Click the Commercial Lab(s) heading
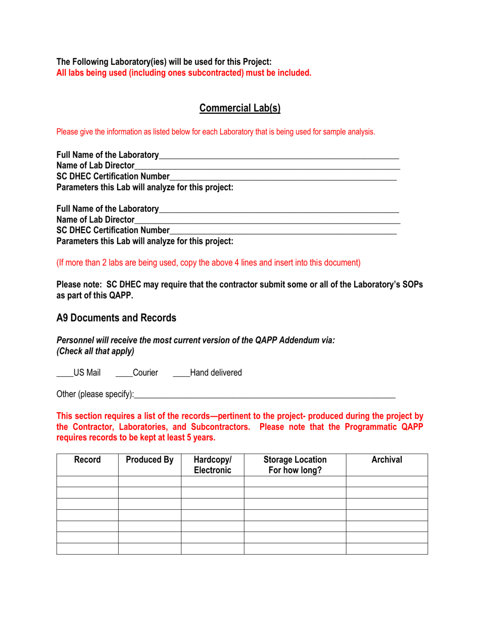pos(239,108)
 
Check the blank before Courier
pos(123,373)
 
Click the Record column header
pos(87,460)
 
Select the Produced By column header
pos(150,460)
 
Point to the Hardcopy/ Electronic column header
pos(212,465)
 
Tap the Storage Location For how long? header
pos(295,465)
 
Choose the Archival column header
pos(387,460)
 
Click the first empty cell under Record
pos(87,481)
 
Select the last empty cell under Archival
pos(387,549)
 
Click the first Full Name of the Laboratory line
pos(278,154)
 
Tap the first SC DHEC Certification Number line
pos(283,176)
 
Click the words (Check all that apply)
pos(95,350)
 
